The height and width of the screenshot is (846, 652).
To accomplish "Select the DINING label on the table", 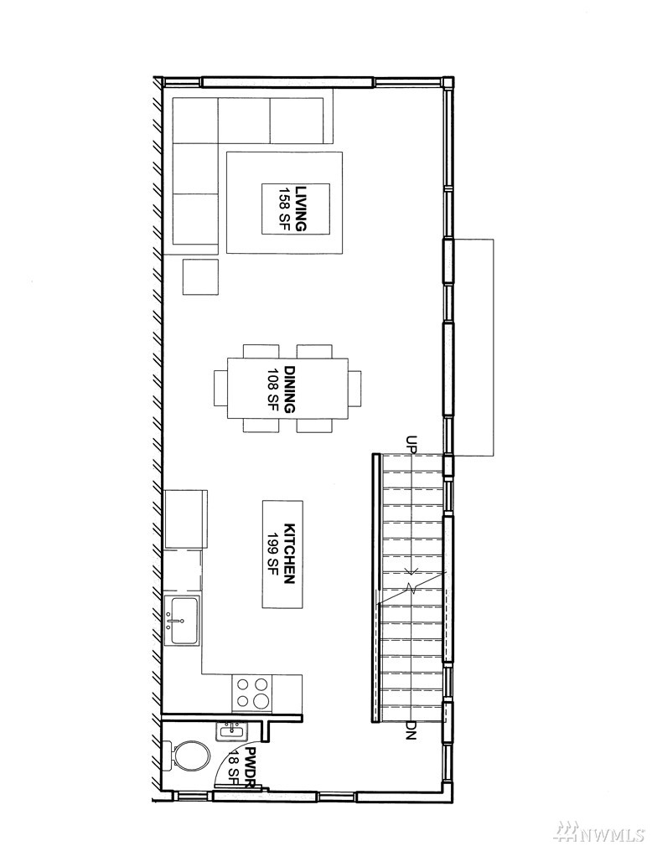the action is [x=290, y=389].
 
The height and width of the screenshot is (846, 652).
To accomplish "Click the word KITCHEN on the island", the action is [x=289, y=554].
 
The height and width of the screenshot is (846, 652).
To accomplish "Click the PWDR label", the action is [x=250, y=766].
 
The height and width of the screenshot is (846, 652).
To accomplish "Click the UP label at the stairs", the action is [x=413, y=444].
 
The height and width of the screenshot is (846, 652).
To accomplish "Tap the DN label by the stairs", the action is [x=412, y=730].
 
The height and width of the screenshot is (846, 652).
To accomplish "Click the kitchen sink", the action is [x=181, y=621].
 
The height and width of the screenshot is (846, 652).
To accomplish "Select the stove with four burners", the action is [x=252, y=693].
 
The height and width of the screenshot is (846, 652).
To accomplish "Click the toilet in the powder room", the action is [x=186, y=757].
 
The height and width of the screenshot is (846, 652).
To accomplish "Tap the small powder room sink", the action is [x=232, y=731].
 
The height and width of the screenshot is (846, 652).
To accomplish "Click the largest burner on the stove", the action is [x=261, y=700].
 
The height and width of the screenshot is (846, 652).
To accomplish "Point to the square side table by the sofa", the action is [x=201, y=276].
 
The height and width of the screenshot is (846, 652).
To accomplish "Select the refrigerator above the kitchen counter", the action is [x=186, y=519].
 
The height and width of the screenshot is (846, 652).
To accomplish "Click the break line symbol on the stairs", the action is [x=412, y=586].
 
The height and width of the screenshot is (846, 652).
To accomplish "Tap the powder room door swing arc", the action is [x=222, y=767].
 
